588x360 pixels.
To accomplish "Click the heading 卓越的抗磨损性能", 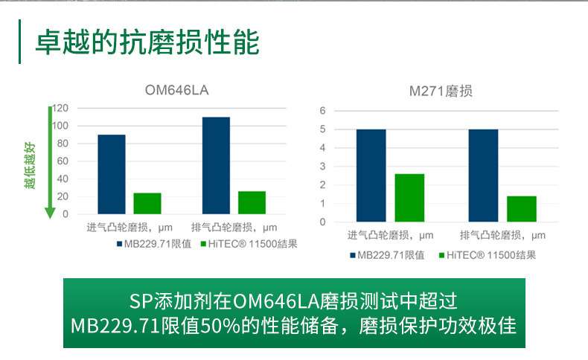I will tap(147, 42).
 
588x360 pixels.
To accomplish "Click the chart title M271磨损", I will tap(441, 91).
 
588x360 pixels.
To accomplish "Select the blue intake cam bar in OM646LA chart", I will tap(112, 174).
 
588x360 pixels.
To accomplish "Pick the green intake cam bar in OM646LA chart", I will tap(147, 203).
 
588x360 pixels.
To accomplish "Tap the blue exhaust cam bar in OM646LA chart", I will tap(216, 165).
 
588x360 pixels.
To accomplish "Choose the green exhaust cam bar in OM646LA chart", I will tap(252, 202).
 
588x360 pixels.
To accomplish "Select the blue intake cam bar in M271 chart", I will tap(371, 176).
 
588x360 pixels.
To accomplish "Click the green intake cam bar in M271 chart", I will tap(409, 198).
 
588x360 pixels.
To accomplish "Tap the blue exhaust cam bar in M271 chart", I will tap(483, 176).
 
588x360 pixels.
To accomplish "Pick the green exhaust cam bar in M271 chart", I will tap(521, 209).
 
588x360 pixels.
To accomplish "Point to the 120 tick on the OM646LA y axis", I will tap(60, 108).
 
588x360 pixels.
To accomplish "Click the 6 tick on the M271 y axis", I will tap(323, 111).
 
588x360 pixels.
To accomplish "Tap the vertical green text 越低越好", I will tap(30, 164).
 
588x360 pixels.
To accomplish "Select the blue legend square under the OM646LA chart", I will tap(119, 243).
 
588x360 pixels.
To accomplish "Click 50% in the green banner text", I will tap(217, 326).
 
